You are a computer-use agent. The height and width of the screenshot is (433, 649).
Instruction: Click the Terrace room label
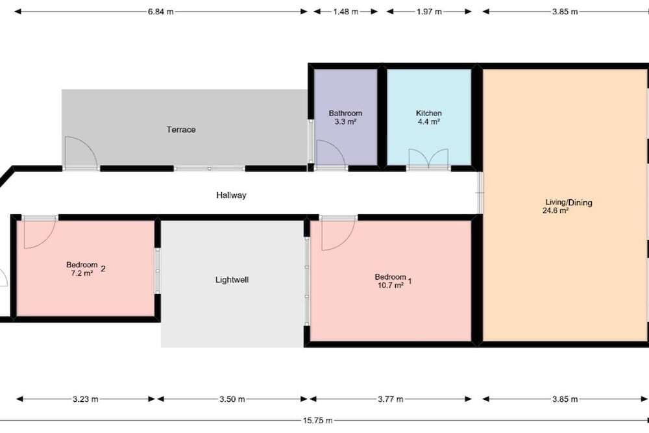pos(181,130)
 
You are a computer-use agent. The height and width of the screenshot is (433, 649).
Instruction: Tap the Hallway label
pos(231,195)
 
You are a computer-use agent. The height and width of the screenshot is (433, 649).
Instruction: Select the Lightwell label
pos(232,280)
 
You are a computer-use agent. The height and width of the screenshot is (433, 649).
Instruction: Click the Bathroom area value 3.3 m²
pos(346,121)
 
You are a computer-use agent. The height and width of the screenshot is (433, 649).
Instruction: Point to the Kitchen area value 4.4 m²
pos(429,121)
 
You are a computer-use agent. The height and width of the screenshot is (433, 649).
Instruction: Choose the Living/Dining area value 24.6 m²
pos(556,210)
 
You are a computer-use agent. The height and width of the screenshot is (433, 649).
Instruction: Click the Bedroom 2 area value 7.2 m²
pos(82,273)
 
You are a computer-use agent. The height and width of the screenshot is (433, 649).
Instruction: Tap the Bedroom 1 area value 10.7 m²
pos(391,286)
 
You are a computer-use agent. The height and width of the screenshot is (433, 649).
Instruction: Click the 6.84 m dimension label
pos(160,12)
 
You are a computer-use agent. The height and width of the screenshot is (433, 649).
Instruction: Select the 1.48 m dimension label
pos(346,12)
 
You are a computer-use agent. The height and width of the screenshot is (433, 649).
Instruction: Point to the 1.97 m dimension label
pos(429,12)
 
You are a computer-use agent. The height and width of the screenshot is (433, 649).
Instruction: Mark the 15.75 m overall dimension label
pos(317,421)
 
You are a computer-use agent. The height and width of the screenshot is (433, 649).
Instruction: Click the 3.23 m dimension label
pos(86,399)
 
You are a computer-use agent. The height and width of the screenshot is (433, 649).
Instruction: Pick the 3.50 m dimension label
pos(232,399)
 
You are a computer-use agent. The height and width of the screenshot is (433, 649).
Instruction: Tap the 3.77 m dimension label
pos(390,399)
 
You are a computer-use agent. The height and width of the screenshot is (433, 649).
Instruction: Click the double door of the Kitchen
pos(428,158)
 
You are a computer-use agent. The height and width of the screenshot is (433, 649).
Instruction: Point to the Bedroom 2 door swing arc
pos(47,240)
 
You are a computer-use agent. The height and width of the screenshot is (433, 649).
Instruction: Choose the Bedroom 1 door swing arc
pos(347,241)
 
